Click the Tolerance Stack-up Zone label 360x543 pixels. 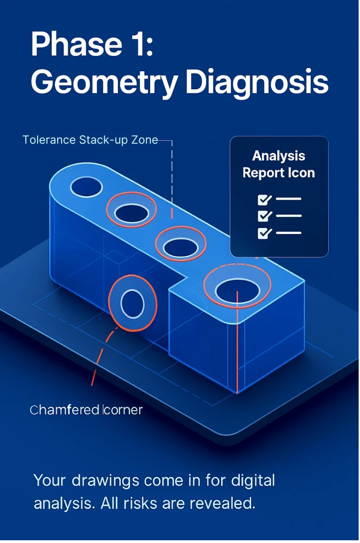(x=90, y=140)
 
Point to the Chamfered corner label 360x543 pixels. (x=86, y=410)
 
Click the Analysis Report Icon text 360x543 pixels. (x=278, y=164)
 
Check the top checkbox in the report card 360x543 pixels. (x=264, y=199)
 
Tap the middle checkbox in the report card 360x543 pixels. (x=264, y=216)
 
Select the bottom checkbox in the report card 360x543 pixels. (x=264, y=233)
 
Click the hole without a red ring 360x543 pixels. (x=86, y=186)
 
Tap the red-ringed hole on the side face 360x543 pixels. (x=133, y=302)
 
